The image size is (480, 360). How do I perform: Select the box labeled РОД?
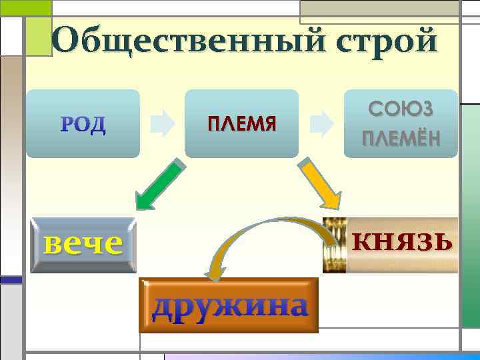[x=83, y=124]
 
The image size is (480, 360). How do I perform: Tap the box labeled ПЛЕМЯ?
[x=241, y=124]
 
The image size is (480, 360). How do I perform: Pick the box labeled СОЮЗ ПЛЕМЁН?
[x=401, y=124]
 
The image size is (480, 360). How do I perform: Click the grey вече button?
[x=83, y=245]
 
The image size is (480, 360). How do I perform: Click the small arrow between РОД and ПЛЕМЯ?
[x=163, y=124]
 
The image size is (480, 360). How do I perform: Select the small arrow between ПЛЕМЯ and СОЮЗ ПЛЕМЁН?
[x=322, y=124]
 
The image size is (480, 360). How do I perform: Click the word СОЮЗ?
[x=401, y=110]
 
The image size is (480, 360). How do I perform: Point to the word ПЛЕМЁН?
[x=401, y=139]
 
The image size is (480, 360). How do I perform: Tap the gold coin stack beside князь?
[x=334, y=245]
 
